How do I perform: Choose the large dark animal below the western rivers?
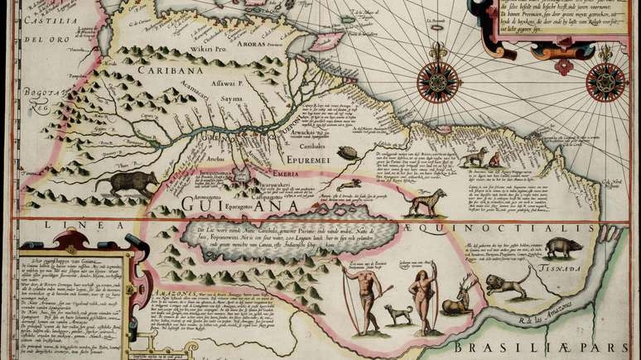[125, 183]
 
